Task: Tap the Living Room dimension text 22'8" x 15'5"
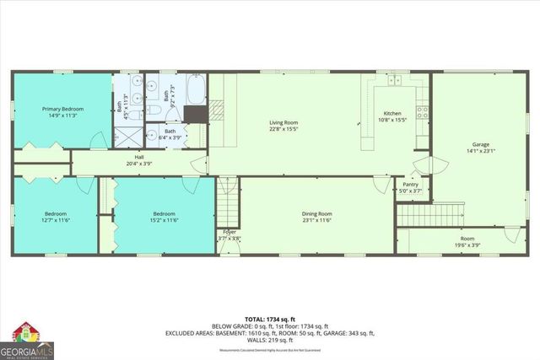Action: (283, 129)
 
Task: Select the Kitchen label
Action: (394, 113)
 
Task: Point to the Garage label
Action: (481, 144)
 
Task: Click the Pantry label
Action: (411, 184)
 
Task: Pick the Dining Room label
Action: (317, 213)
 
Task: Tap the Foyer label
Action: (229, 232)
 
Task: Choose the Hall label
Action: (140, 157)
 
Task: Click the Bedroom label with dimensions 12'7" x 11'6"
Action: (56, 213)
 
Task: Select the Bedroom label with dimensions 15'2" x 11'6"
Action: (165, 213)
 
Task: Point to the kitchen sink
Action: (393, 80)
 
